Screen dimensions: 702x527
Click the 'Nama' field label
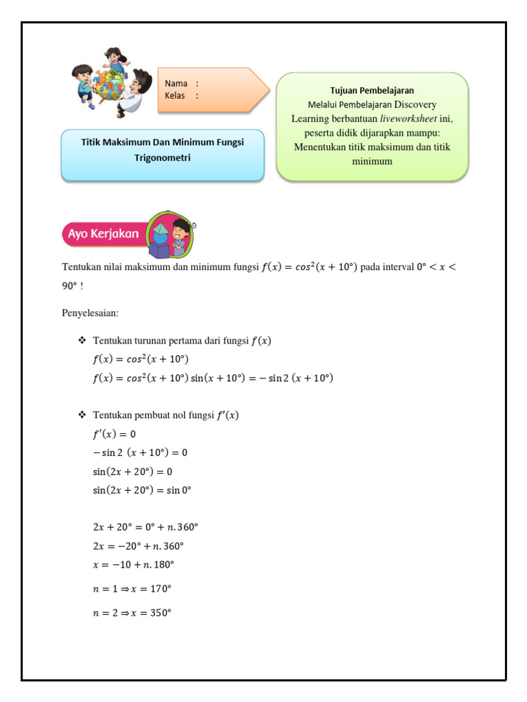pyautogui.click(x=176, y=84)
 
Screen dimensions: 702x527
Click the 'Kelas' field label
pyautogui.click(x=176, y=95)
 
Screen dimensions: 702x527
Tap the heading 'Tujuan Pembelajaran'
pyautogui.click(x=372, y=90)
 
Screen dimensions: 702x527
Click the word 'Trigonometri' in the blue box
pyautogui.click(x=162, y=158)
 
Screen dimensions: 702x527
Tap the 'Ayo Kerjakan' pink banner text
pyautogui.click(x=103, y=234)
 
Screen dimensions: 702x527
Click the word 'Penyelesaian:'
pyautogui.click(x=90, y=313)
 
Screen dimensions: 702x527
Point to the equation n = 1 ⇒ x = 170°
pyautogui.click(x=132, y=588)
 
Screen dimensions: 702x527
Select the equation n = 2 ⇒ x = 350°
pyautogui.click(x=132, y=613)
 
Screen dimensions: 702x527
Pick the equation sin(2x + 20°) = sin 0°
pyautogui.click(x=142, y=490)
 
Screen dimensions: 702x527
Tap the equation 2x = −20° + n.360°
pyautogui.click(x=138, y=546)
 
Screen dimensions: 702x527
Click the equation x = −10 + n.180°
pyautogui.click(x=133, y=564)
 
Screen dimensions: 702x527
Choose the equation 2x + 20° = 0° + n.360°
pyautogui.click(x=145, y=527)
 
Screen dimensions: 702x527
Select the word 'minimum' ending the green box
pyautogui.click(x=372, y=161)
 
